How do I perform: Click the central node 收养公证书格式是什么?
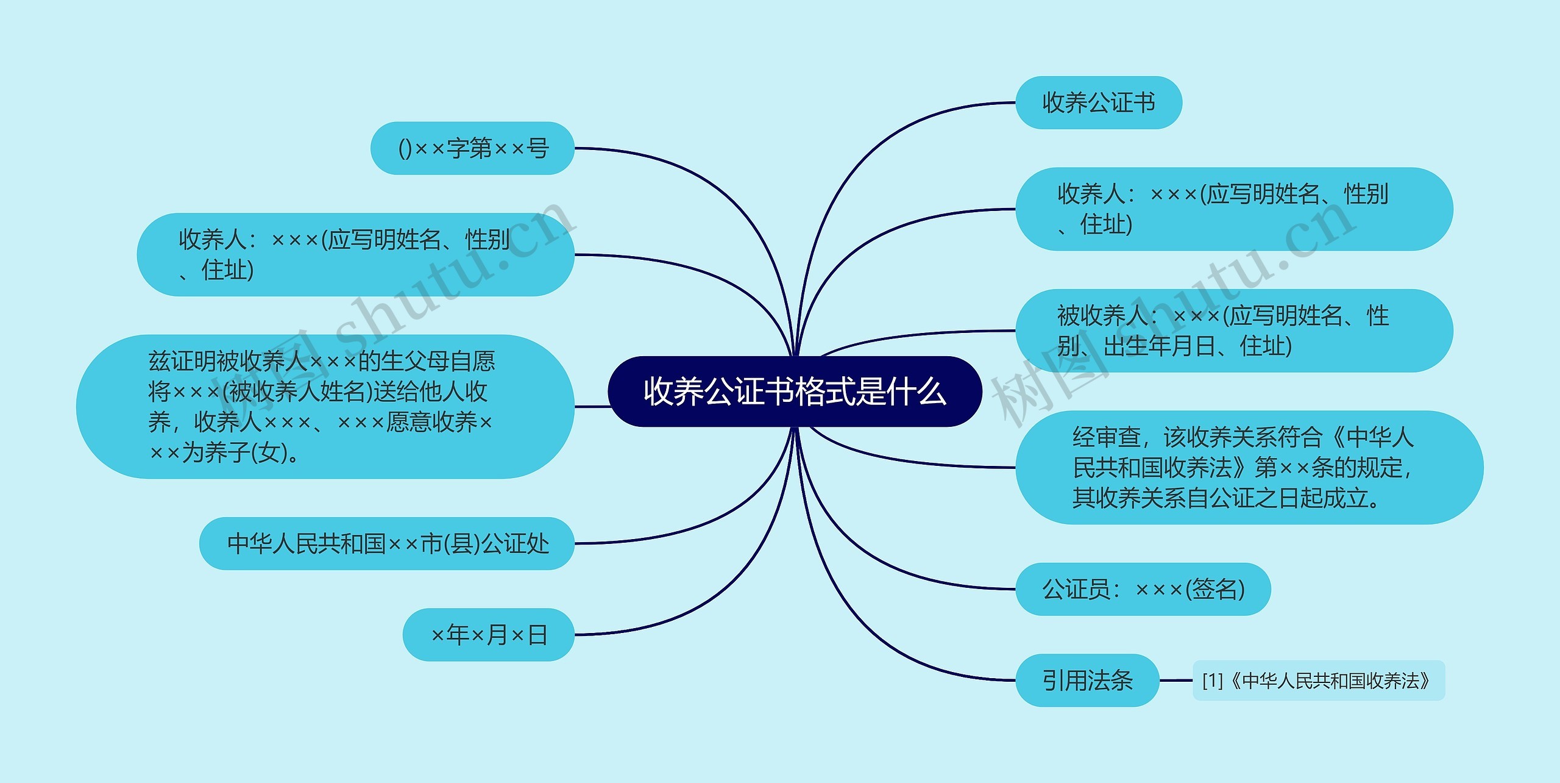tap(795, 391)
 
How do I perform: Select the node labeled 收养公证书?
tap(1098, 102)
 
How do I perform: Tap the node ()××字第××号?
tap(473, 148)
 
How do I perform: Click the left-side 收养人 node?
tap(355, 254)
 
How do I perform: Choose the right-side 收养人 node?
tap(1233, 209)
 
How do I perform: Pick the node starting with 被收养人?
tap(1233, 331)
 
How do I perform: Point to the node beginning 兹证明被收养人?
tap(325, 406)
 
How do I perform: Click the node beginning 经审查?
tap(1249, 467)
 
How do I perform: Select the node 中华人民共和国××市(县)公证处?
tap(387, 543)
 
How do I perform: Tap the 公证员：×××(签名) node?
tap(1143, 589)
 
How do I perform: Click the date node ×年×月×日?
tap(488, 635)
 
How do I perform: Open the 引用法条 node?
tap(1087, 681)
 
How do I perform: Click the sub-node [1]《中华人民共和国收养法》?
tap(1318, 681)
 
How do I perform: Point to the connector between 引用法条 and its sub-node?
tap(1175, 681)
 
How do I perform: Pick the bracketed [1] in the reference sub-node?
tap(1213, 681)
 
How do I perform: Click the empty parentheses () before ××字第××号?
tap(405, 149)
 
